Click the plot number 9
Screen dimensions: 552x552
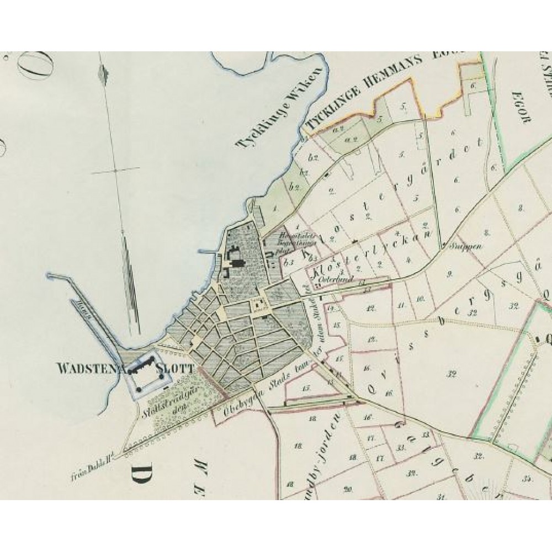tap(449, 273)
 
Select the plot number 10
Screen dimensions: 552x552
tap(421, 299)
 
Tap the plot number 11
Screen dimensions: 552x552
tap(401, 305)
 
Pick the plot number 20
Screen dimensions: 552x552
tap(347, 489)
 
